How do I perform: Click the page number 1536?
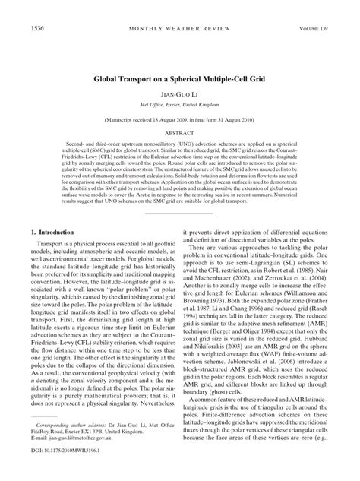coord(17,8)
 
